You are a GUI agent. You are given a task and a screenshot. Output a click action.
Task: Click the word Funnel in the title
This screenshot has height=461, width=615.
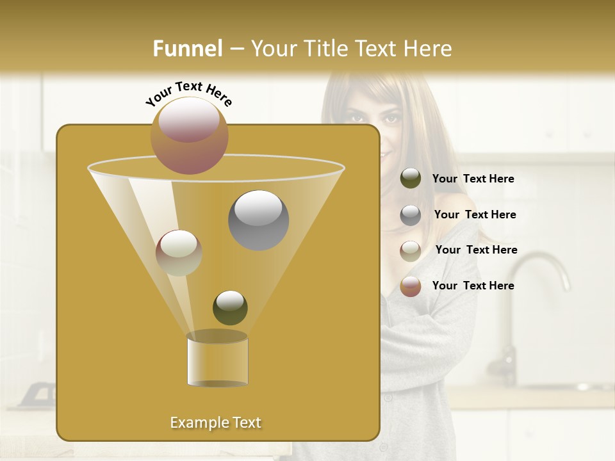click(x=188, y=49)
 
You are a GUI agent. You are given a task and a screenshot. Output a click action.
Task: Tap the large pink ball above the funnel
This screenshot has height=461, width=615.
click(x=189, y=136)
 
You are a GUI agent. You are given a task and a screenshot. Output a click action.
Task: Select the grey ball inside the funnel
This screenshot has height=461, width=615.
click(x=259, y=220)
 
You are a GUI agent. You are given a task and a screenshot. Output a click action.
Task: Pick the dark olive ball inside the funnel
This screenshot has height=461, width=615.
click(x=230, y=307)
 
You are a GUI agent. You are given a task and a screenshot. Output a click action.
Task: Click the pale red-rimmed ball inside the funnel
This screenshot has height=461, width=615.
click(x=179, y=253)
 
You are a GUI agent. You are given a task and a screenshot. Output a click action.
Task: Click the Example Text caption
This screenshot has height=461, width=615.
click(x=215, y=423)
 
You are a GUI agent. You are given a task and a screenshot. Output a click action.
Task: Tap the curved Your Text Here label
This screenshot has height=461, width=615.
click(x=189, y=93)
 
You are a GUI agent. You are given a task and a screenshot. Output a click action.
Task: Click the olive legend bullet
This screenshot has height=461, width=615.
click(x=411, y=179)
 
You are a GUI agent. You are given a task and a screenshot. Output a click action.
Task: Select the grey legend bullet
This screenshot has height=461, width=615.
click(x=411, y=215)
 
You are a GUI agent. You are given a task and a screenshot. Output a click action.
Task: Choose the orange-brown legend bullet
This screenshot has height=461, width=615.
click(x=411, y=286)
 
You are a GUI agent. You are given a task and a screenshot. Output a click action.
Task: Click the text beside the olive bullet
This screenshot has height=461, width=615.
click(x=473, y=179)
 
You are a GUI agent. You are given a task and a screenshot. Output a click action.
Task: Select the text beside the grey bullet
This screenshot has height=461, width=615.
click(x=475, y=214)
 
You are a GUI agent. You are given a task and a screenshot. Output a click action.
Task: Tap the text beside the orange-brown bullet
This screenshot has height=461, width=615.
click(x=473, y=286)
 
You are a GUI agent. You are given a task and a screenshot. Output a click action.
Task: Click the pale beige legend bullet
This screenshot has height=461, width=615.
click(x=411, y=250)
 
